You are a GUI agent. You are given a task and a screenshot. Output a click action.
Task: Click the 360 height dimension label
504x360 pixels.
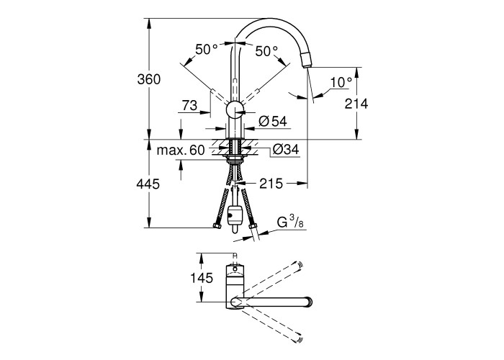point(148,79)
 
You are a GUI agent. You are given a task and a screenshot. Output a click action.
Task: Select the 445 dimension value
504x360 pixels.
point(148,184)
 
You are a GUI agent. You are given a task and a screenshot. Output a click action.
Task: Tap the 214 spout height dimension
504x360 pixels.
point(356,104)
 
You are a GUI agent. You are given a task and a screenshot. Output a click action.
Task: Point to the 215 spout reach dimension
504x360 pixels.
point(271,183)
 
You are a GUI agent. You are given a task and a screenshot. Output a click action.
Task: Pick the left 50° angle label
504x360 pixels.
point(207,50)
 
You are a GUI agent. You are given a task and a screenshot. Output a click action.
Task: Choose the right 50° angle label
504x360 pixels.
point(266,51)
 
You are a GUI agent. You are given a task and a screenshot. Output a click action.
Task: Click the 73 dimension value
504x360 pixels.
point(189,105)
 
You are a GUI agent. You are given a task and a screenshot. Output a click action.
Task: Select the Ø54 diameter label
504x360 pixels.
point(273,121)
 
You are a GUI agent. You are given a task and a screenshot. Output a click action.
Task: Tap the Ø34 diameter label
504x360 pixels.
point(286,150)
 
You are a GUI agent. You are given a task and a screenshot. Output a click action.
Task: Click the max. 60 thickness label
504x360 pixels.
point(181,150)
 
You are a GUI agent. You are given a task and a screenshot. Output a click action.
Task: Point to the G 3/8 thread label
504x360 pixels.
point(290,222)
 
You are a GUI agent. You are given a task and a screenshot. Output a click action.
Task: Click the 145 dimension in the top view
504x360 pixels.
point(202,278)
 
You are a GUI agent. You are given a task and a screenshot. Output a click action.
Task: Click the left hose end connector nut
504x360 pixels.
point(217,226)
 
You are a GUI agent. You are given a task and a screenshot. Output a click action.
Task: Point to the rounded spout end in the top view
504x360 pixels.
point(309,302)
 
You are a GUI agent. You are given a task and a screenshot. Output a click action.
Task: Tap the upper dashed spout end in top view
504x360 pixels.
point(299,265)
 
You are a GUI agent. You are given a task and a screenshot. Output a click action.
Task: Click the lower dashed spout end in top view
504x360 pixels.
point(300,339)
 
